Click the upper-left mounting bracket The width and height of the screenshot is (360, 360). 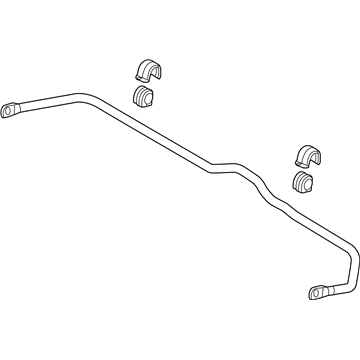tap(147, 70)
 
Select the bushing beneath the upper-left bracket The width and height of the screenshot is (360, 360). tap(146, 97)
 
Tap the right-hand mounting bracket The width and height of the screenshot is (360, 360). tap(310, 155)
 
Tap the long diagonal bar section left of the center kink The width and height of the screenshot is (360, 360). tap(160, 134)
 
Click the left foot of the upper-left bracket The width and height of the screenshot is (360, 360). tap(134, 79)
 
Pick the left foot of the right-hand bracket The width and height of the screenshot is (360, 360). tap(297, 161)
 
